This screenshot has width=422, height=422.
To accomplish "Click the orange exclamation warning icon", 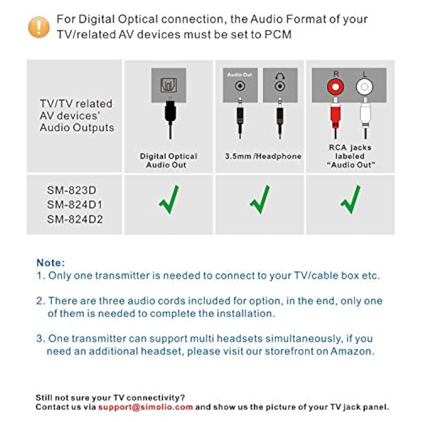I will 39,27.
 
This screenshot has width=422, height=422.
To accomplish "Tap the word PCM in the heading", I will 278,35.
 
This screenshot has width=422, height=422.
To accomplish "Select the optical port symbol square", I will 169,85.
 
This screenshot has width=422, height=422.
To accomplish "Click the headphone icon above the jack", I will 280,76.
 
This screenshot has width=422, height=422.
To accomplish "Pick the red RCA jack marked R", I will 335,87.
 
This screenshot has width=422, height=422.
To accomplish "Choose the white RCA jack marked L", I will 364,87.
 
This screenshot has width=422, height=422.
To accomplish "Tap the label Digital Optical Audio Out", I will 168,161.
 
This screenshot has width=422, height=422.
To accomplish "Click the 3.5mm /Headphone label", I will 263,157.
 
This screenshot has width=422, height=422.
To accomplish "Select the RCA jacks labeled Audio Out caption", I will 350,156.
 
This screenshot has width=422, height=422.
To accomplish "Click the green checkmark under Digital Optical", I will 169,199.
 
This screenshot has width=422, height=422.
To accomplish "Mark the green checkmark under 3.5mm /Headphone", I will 260,199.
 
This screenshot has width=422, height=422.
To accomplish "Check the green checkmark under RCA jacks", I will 350,199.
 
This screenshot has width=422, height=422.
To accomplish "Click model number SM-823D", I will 72,190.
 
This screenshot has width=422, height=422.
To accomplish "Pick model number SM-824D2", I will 75,219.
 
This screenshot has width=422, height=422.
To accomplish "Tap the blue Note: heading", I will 51,263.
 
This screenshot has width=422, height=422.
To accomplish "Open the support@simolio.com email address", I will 145,407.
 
